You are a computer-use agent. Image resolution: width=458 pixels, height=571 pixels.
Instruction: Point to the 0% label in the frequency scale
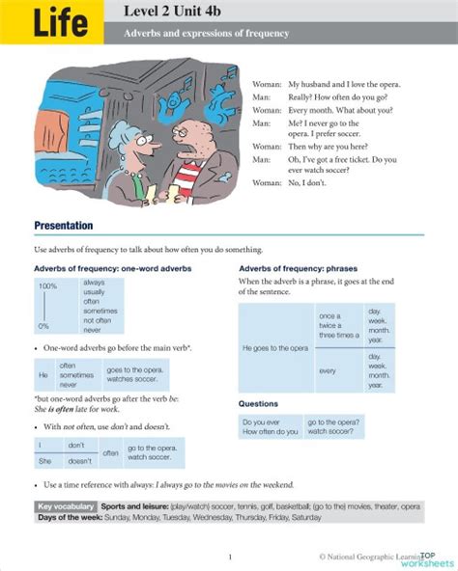(x=43, y=326)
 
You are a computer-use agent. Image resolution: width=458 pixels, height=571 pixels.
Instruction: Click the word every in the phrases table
(x=327, y=370)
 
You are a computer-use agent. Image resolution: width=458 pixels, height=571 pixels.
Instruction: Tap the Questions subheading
(x=258, y=403)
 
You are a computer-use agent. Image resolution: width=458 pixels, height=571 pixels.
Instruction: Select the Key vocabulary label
(x=66, y=505)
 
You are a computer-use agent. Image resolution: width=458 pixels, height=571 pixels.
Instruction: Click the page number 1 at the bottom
(x=229, y=557)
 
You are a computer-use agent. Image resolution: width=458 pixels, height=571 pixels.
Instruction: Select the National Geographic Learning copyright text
(x=367, y=557)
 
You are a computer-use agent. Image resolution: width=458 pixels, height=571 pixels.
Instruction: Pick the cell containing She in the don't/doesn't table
(x=44, y=461)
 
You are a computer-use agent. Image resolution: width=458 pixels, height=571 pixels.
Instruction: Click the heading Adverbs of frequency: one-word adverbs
(x=112, y=267)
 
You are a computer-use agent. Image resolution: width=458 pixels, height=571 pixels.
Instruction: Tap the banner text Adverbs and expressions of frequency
(x=206, y=34)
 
